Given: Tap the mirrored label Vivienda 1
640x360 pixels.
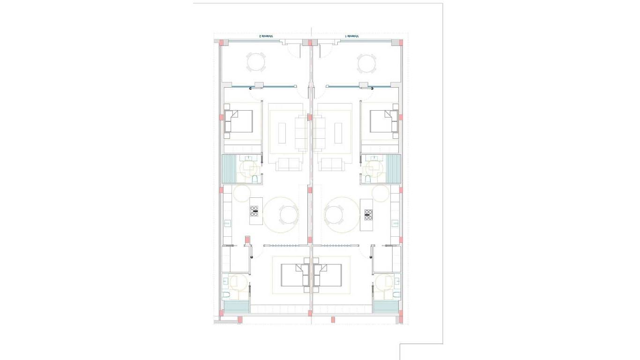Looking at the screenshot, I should (x=352, y=36).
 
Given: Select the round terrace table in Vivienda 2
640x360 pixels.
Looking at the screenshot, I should (x=256, y=62).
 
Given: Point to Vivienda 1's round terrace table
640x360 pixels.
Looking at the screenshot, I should (x=366, y=63).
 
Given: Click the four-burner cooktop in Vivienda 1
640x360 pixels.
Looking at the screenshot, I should (x=368, y=214).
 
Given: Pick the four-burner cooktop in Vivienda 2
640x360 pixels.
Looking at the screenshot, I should (x=254, y=211).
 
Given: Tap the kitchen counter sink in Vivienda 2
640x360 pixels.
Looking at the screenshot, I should (x=228, y=223).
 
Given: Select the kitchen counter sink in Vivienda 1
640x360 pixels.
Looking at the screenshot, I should (x=395, y=223).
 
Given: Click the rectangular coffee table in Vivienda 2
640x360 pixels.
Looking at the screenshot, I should (x=282, y=133).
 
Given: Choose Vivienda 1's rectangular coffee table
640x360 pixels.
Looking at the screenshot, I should (x=338, y=133).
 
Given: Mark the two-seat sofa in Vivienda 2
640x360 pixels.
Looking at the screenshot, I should (x=288, y=164).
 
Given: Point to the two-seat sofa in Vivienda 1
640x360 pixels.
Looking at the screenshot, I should (x=332, y=164).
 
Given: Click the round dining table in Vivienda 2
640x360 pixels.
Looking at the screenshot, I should (x=288, y=215).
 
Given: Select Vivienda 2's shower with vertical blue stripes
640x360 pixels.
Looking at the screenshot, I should (x=228, y=168).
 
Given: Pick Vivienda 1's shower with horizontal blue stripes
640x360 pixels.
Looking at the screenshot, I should (x=386, y=307).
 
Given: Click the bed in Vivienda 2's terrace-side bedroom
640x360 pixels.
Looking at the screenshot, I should (x=239, y=121).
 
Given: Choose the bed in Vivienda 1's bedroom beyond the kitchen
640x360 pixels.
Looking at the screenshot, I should (x=328, y=275).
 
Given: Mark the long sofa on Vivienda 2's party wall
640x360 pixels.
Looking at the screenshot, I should (x=301, y=133).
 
